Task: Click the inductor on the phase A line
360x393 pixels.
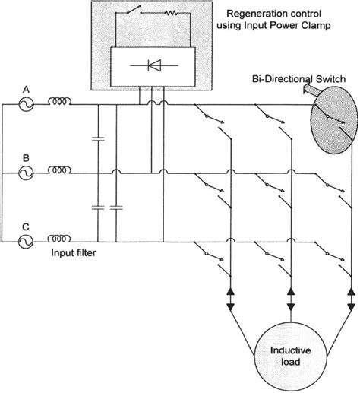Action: (61, 103)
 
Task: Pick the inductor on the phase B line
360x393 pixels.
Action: (61, 172)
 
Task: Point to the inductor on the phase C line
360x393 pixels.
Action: (61, 240)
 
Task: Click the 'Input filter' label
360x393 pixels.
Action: (74, 257)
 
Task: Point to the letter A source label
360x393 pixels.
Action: (27, 87)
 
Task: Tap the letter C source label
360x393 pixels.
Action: (27, 225)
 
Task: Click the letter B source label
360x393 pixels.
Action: (27, 157)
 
